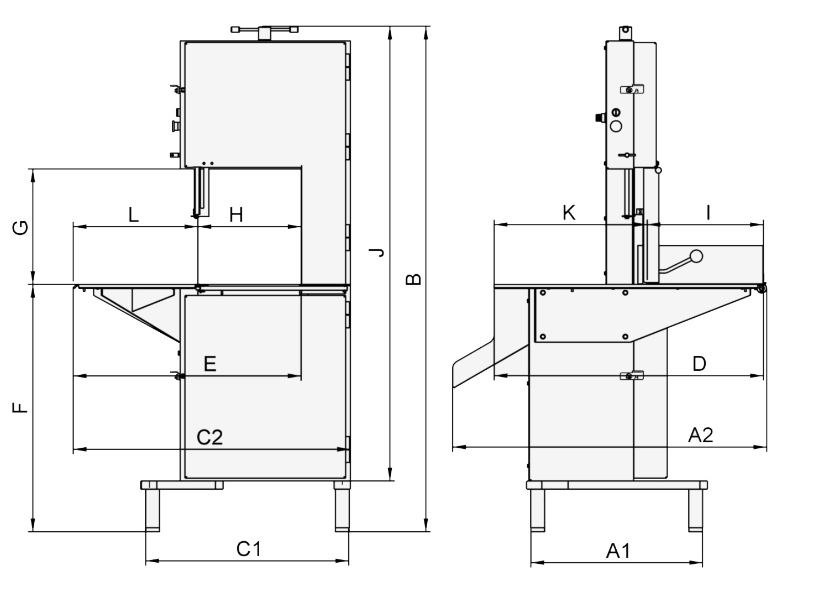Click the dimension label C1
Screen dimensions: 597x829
(x=248, y=549)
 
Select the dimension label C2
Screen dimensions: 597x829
(x=210, y=437)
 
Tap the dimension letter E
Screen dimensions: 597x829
(x=210, y=364)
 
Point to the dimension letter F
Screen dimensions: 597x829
(x=19, y=408)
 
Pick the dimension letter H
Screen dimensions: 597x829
(x=236, y=214)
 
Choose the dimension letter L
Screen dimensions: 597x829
(x=134, y=214)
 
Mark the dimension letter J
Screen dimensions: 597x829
(x=377, y=253)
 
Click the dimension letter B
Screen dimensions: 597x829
(x=413, y=279)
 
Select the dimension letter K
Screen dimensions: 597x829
(x=569, y=213)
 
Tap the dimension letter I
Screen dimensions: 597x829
(x=709, y=213)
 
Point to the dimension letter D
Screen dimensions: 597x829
(x=699, y=364)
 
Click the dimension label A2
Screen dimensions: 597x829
(x=700, y=435)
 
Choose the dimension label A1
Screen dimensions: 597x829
(x=618, y=551)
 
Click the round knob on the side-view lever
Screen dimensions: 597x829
(x=696, y=256)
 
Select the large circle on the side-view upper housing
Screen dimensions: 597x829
(x=616, y=126)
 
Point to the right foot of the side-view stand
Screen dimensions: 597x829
(x=695, y=510)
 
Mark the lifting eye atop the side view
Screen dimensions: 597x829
(x=625, y=31)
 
